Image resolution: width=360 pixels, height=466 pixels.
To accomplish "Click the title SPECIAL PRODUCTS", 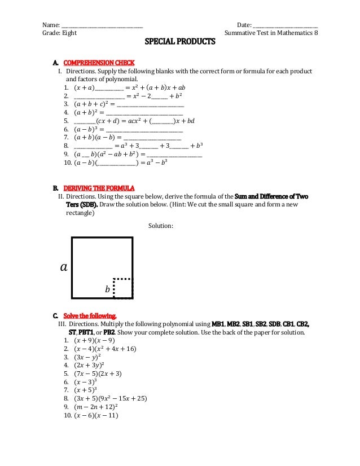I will tap(181, 42).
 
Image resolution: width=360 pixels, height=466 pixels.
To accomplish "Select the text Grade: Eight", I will tap(60, 33).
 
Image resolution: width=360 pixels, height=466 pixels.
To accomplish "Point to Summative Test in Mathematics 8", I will tap(271, 33).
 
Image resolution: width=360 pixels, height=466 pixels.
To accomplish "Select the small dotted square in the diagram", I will tap(123, 288).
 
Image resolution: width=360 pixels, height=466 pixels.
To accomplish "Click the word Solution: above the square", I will tap(161, 226).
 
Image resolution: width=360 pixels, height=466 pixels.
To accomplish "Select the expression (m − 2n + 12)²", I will tap(95, 406).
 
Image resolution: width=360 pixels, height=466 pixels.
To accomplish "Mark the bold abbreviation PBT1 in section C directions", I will tap(87, 332).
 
